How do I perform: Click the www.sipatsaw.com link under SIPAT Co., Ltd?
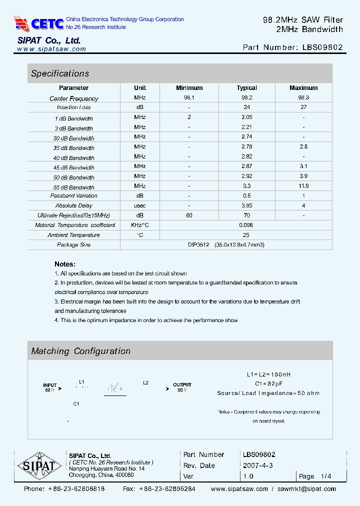click(51, 49)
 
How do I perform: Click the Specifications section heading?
click(60, 73)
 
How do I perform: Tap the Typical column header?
click(246, 88)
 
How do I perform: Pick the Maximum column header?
click(303, 88)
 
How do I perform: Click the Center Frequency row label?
click(74, 98)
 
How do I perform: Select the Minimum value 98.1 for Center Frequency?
click(189, 98)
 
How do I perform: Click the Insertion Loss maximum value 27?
click(303, 107)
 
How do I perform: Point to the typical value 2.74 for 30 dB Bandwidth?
click(246, 137)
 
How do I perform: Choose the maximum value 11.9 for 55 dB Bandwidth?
click(303, 186)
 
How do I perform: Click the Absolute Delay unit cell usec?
click(140, 205)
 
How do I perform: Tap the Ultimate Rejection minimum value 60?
click(189, 215)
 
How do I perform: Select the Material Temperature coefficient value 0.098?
click(246, 225)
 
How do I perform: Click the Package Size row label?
click(74, 245)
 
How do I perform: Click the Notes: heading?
click(65, 264)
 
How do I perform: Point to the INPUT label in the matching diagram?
click(50, 385)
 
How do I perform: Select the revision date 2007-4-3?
click(257, 465)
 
